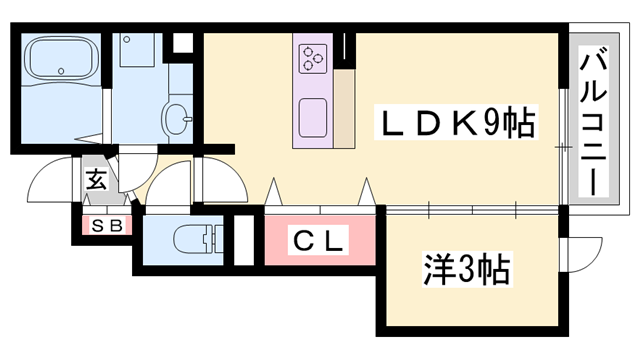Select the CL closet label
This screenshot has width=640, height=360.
click(319, 241)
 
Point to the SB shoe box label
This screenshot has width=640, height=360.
click(107, 226)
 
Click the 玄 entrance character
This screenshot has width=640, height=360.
click(96, 181)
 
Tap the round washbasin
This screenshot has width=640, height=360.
click(178, 116)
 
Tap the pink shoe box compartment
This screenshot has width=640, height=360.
click(107, 226)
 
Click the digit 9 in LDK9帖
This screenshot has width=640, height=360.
click(494, 123)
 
